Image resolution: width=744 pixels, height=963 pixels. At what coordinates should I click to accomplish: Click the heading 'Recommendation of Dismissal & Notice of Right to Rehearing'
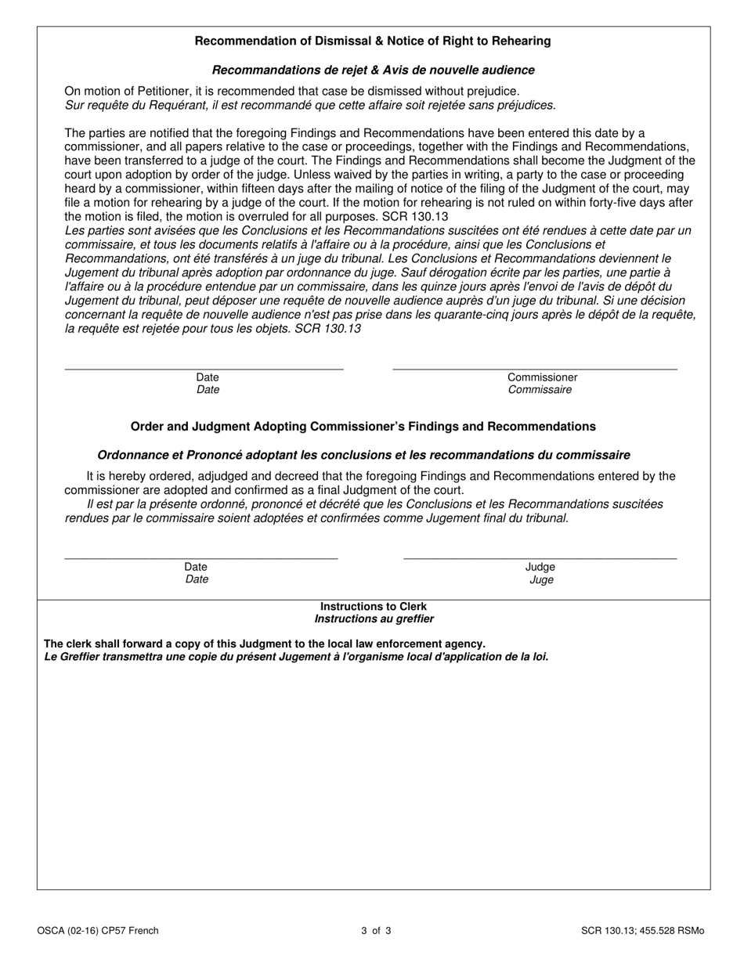372,41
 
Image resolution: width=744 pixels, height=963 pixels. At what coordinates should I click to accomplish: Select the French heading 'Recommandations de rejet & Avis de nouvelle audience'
373,70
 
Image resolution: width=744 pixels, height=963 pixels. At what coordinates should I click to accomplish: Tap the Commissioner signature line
534,368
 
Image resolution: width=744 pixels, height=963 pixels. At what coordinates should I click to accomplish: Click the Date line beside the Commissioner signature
204,368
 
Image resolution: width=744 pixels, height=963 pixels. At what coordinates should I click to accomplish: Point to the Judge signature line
540,557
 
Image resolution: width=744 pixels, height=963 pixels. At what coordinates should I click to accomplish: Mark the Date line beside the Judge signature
200,557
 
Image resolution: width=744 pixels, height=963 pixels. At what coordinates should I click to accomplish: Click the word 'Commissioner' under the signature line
542,377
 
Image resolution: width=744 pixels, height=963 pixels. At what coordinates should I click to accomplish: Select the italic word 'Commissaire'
540,390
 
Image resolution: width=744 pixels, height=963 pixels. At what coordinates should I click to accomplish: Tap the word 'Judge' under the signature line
540,567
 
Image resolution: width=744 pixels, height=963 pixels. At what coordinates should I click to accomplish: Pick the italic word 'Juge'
541,580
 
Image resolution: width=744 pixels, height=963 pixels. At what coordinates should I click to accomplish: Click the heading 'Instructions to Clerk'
374,607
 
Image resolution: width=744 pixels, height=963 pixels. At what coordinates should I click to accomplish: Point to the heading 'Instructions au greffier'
374,619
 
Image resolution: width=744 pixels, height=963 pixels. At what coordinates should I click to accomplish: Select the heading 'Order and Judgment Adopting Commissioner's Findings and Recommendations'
363,427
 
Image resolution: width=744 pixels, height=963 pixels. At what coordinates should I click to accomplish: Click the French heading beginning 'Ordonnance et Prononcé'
363,455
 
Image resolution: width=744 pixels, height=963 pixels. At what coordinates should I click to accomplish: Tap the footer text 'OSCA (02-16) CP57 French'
97,931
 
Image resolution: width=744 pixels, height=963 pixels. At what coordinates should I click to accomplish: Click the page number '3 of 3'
376,931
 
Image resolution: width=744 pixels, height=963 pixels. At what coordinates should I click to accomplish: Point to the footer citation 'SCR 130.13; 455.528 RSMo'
642,931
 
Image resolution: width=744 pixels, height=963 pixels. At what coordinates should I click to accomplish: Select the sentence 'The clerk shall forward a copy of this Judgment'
265,644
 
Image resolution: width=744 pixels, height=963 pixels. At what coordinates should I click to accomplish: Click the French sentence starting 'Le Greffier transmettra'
296,656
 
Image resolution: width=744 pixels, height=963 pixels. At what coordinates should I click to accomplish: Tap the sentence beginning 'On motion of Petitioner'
291,92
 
